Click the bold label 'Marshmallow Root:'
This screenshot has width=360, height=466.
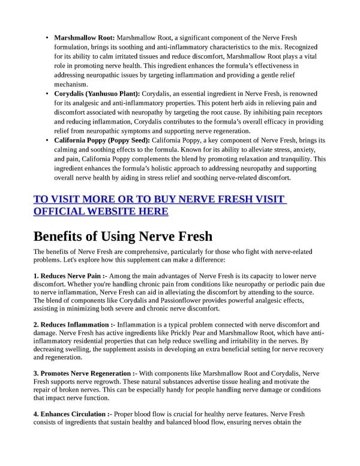85,38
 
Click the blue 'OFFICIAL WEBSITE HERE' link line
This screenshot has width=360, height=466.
101,211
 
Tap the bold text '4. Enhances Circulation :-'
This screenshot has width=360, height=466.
72,414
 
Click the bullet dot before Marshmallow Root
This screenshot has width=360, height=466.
47,38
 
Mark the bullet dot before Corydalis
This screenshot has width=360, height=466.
47,94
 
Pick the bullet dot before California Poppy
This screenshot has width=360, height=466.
47,141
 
